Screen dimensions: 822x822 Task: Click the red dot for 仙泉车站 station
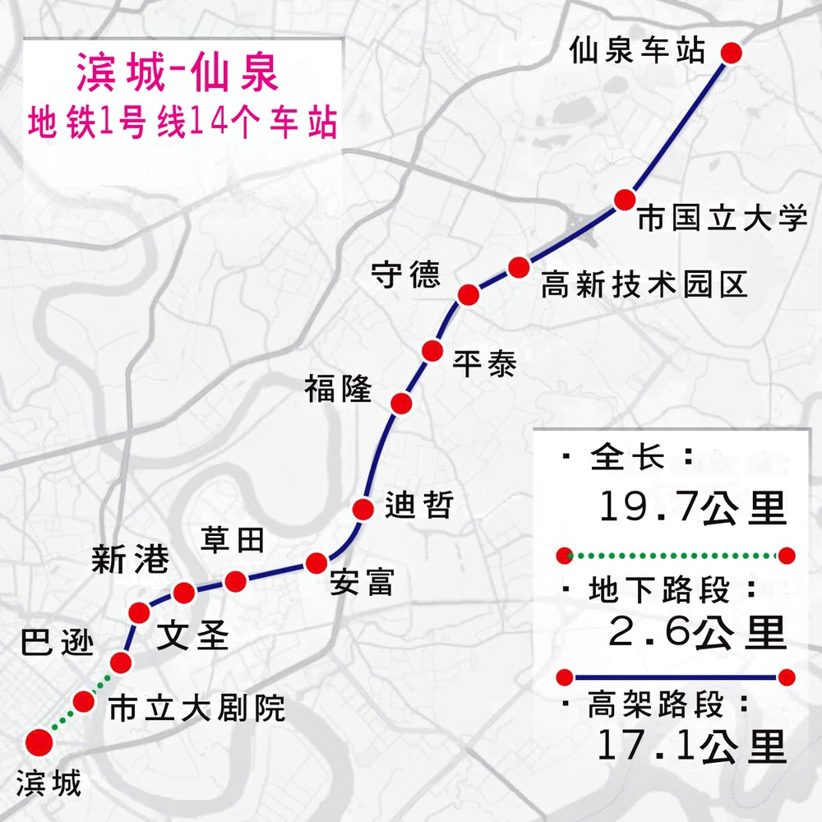(x=732, y=53)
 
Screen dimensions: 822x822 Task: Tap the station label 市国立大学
(x=723, y=219)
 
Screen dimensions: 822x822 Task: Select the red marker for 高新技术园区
(x=518, y=267)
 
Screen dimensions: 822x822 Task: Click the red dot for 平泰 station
(x=432, y=351)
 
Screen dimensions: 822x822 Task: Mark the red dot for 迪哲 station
(x=363, y=508)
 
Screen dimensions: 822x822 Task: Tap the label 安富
(x=361, y=582)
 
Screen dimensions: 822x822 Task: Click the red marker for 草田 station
(x=236, y=581)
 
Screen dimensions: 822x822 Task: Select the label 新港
(x=130, y=561)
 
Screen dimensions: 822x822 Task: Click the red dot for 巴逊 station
(x=121, y=663)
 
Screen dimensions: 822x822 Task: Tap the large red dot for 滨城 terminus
(x=39, y=742)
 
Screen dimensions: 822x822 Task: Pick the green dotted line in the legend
(x=675, y=556)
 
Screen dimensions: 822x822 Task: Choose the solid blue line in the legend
(x=675, y=677)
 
